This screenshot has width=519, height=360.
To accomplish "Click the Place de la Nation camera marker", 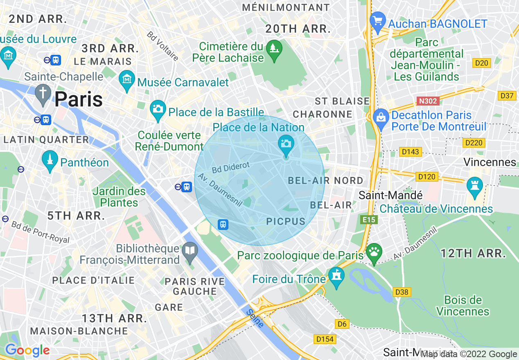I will click(286, 144).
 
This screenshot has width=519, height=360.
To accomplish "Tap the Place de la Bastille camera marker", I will click(158, 108).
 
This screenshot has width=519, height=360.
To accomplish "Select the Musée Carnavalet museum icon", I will click(126, 78).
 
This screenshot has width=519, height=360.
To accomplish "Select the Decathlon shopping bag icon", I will click(381, 117).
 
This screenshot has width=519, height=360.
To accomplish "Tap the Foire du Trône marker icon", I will click(336, 276).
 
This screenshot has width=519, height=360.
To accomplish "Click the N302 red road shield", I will click(427, 101).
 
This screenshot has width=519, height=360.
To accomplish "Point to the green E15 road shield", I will click(369, 220).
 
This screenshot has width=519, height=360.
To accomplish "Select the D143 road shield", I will click(411, 152).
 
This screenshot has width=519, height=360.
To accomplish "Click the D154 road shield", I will click(325, 339).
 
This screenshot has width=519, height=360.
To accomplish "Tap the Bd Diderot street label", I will click(230, 167).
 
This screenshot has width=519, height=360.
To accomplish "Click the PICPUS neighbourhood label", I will click(286, 222).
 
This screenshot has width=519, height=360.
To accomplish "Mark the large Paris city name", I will click(79, 99).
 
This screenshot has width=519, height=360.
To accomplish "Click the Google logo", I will click(27, 351).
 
